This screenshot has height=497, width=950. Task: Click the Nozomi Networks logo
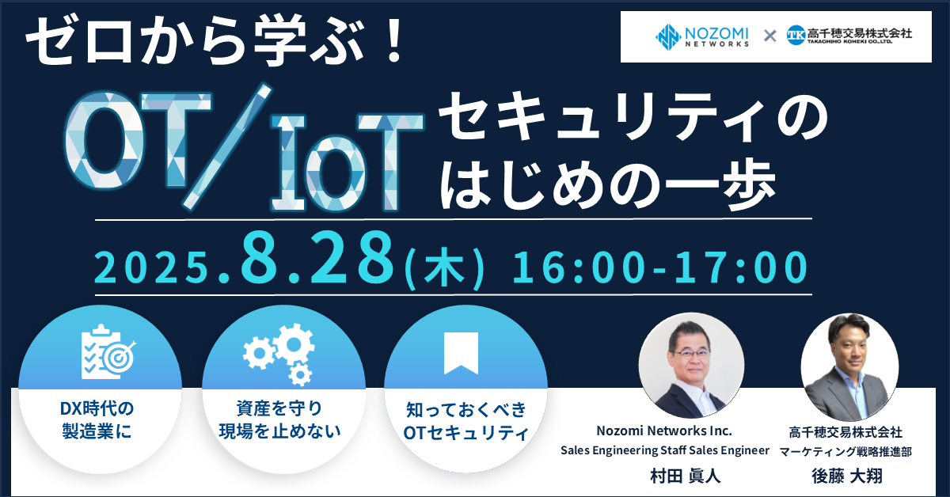(x=702, y=36)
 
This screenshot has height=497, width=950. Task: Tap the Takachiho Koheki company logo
(x=849, y=35)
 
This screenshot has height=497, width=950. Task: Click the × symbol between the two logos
(x=769, y=36)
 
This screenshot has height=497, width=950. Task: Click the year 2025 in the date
(x=152, y=268)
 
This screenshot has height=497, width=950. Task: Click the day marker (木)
(x=444, y=268)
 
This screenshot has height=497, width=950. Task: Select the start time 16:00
(x=579, y=267)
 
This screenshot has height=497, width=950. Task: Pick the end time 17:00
(x=741, y=267)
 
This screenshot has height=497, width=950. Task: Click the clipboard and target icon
(x=108, y=351)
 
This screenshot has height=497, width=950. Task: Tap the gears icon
(x=279, y=355)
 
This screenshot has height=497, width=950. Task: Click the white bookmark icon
(x=461, y=353)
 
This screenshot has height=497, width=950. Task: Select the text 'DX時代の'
(x=97, y=409)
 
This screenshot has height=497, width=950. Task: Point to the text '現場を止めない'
(x=280, y=431)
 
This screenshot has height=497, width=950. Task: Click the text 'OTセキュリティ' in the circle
(x=465, y=433)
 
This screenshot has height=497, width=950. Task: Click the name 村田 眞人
(x=686, y=476)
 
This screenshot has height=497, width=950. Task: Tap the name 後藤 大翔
(x=847, y=476)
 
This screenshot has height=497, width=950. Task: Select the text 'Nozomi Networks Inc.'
(x=664, y=431)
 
